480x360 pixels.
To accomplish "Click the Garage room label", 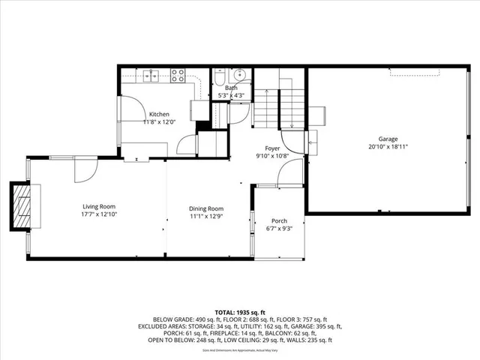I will tap(387, 139).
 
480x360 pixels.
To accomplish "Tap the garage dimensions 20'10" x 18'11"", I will tap(387, 147).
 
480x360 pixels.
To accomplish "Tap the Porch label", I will tap(278, 220).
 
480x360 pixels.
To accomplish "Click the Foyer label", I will tap(271, 148).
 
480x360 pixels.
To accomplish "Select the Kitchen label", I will tap(158, 114).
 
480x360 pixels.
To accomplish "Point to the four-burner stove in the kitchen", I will tap(178, 74).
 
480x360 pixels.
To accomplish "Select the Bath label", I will tap(231, 88).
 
